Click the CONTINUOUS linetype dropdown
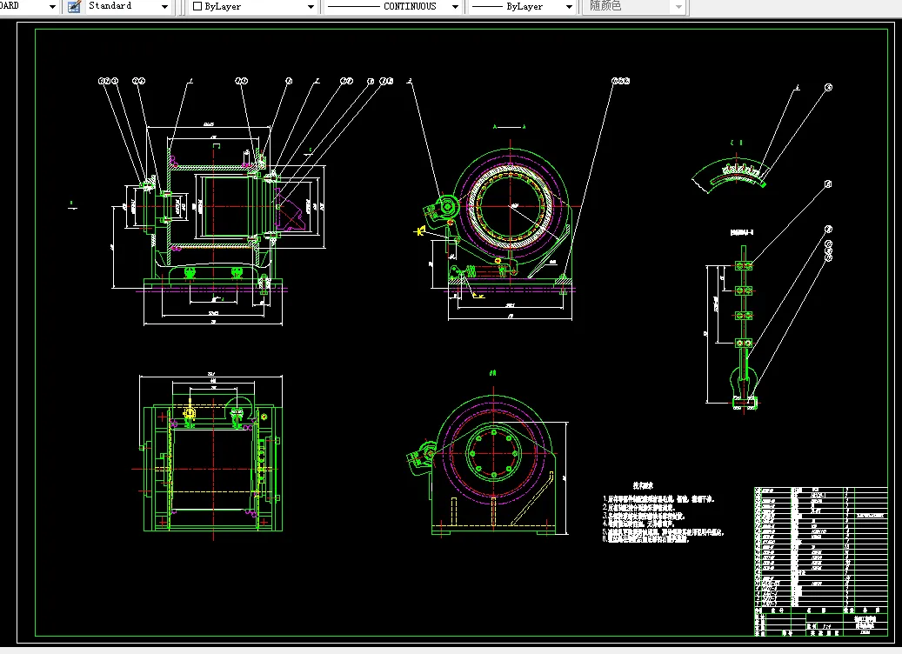click(x=391, y=6)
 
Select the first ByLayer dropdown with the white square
click(x=252, y=6)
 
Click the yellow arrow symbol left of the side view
click(x=421, y=231)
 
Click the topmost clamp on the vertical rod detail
click(x=743, y=264)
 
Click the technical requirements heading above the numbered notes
click(x=643, y=486)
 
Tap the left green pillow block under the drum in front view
click(x=190, y=272)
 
